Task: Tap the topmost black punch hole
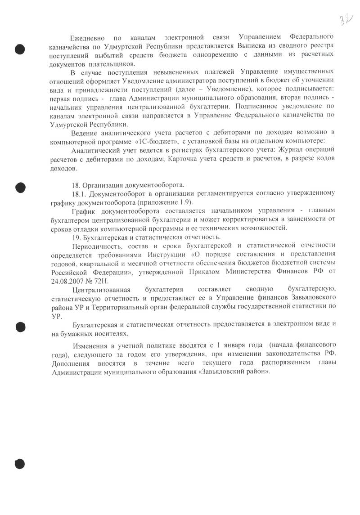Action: point(20,49)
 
